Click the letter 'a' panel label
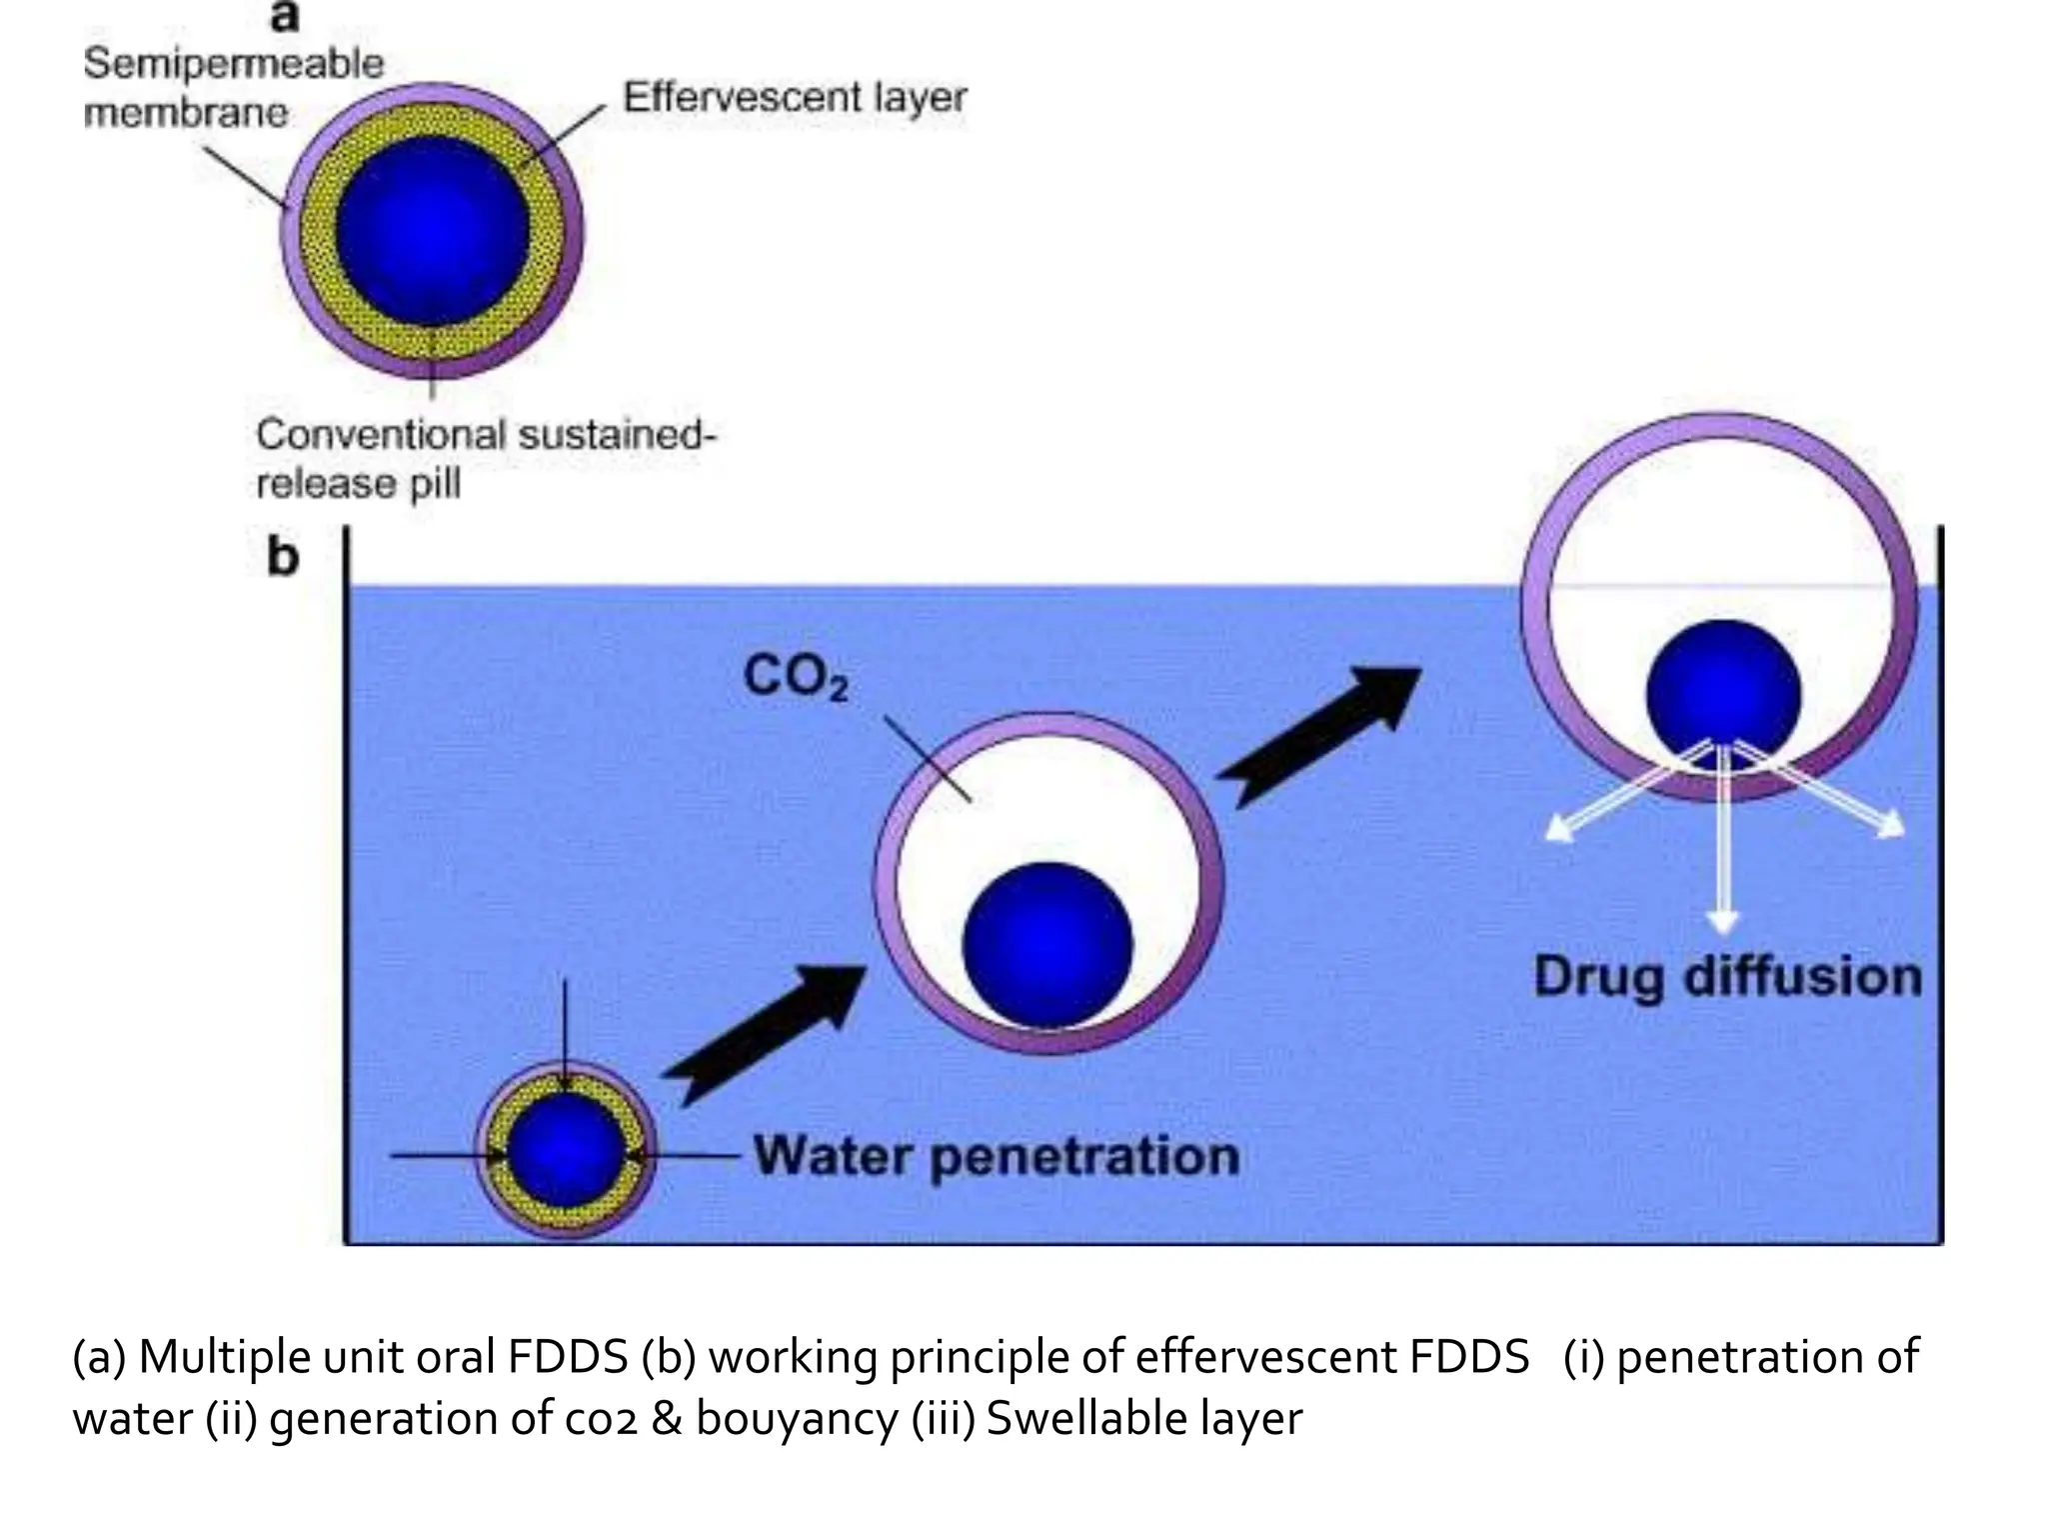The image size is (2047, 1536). (285, 17)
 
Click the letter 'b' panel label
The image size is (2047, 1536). (283, 557)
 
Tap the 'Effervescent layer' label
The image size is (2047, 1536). (795, 98)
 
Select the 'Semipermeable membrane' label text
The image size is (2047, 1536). (232, 88)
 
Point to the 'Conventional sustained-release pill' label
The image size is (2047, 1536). (485, 459)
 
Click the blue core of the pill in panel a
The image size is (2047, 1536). (432, 232)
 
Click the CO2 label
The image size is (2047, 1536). (795, 677)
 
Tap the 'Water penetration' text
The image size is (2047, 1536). (996, 1156)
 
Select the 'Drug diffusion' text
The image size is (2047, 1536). (1727, 977)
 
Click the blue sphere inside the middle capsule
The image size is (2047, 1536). (1046, 944)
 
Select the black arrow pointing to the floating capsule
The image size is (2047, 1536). (1319, 735)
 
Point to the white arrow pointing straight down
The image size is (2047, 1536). (1722, 840)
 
